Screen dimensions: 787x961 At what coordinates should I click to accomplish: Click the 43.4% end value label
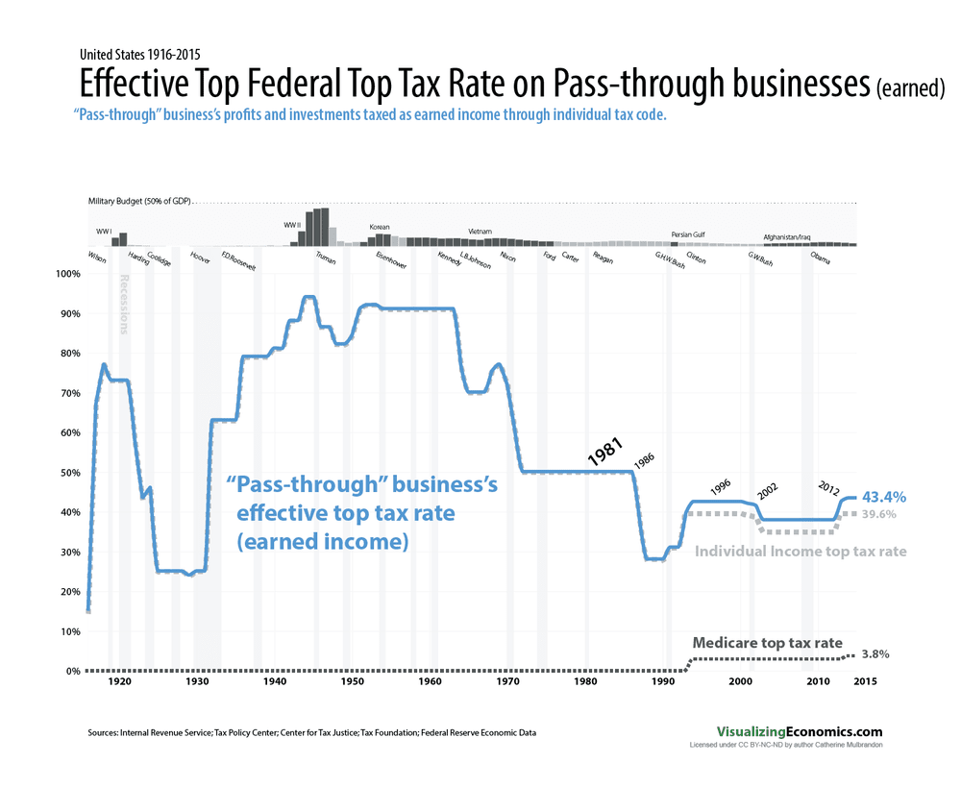(884, 497)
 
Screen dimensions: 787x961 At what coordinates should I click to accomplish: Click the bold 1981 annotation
(606, 453)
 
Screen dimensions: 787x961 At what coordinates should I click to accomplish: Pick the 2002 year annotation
(767, 490)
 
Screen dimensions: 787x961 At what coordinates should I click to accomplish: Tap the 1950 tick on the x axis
(352, 681)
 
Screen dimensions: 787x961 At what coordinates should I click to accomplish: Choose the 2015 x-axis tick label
(862, 681)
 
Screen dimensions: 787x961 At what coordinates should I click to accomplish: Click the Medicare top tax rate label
(767, 642)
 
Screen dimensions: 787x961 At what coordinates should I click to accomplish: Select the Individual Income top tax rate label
(801, 552)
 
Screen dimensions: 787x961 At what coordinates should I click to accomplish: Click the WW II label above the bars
(293, 225)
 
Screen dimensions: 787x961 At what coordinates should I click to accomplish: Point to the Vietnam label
(480, 232)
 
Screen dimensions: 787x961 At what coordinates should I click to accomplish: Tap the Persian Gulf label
(688, 234)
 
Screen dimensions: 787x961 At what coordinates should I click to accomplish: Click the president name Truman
(326, 258)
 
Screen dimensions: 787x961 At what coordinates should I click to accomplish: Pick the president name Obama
(822, 258)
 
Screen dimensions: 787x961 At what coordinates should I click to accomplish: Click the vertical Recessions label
(124, 305)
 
